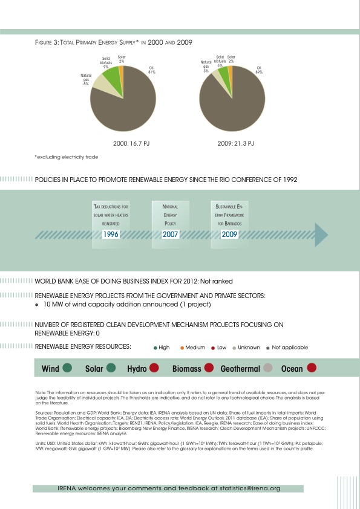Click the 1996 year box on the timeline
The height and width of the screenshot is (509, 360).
tap(110, 235)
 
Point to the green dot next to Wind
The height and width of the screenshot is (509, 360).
tap(68, 368)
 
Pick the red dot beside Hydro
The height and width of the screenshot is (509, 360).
tap(154, 368)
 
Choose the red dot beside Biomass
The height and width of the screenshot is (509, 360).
tap(209, 368)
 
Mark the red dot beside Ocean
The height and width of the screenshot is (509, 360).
tap(312, 368)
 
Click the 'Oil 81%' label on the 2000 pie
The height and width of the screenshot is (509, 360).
tap(152, 70)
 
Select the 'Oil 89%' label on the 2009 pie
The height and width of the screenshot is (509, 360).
tap(259, 70)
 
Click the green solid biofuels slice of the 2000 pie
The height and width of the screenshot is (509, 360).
tap(110, 79)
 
